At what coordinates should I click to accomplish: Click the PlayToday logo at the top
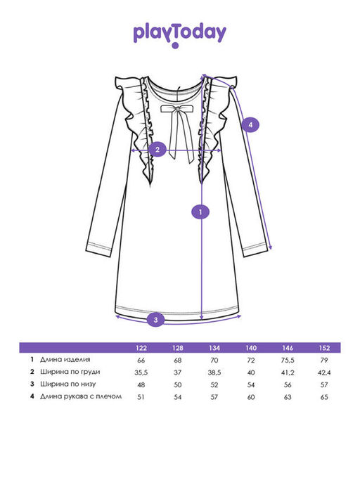click(180, 35)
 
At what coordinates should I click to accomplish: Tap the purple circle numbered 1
click(200, 212)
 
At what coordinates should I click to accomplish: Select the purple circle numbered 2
click(157, 150)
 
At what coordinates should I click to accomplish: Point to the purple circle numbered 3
click(155, 320)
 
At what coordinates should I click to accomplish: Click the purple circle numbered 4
click(250, 124)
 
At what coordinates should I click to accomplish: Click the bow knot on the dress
click(176, 109)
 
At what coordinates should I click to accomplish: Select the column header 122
click(141, 348)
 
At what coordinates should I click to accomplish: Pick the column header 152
click(324, 348)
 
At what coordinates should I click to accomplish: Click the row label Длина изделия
click(65, 359)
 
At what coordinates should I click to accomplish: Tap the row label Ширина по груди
click(70, 372)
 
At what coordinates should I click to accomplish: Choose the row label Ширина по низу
click(67, 384)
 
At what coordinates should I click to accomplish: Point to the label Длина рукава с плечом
click(81, 396)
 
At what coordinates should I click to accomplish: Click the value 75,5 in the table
click(288, 361)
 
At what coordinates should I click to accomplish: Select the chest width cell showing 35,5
click(141, 372)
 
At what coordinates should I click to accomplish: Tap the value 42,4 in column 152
click(324, 372)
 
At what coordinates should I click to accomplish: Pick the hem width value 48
click(141, 385)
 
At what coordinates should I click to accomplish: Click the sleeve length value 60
click(251, 397)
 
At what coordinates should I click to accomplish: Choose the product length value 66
click(141, 361)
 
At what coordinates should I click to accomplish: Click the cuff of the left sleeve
click(98, 249)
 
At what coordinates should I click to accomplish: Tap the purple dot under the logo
click(175, 46)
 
